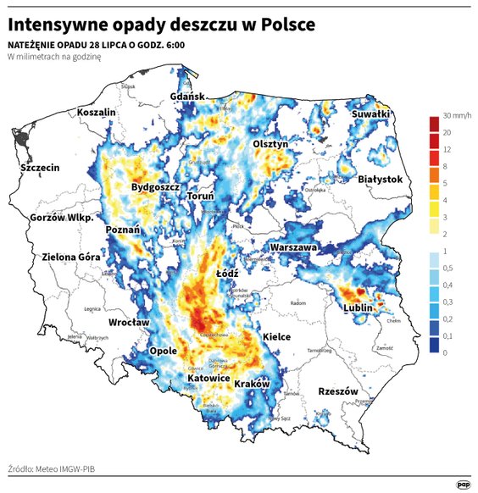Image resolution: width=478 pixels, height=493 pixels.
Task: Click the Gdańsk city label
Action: pos(188,97)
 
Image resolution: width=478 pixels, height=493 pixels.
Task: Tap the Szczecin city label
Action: pos(40,168)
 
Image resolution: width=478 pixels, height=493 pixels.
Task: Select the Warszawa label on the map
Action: pos(293,247)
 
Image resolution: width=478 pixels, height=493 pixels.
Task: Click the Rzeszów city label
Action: pos(339,391)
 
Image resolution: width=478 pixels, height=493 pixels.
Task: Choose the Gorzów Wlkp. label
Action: pos(60,218)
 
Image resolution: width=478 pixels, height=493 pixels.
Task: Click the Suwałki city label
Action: pos(370,113)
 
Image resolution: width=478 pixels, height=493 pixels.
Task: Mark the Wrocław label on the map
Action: pos(129,323)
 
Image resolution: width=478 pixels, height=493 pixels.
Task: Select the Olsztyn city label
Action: pos(271,145)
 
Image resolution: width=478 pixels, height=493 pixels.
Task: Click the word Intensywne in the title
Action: pos(65,25)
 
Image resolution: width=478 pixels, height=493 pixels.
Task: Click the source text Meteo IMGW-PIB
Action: pos(68,467)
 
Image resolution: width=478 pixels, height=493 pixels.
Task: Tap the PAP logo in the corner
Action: pos(464,484)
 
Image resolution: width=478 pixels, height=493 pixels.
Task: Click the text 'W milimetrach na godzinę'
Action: pos(54,57)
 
